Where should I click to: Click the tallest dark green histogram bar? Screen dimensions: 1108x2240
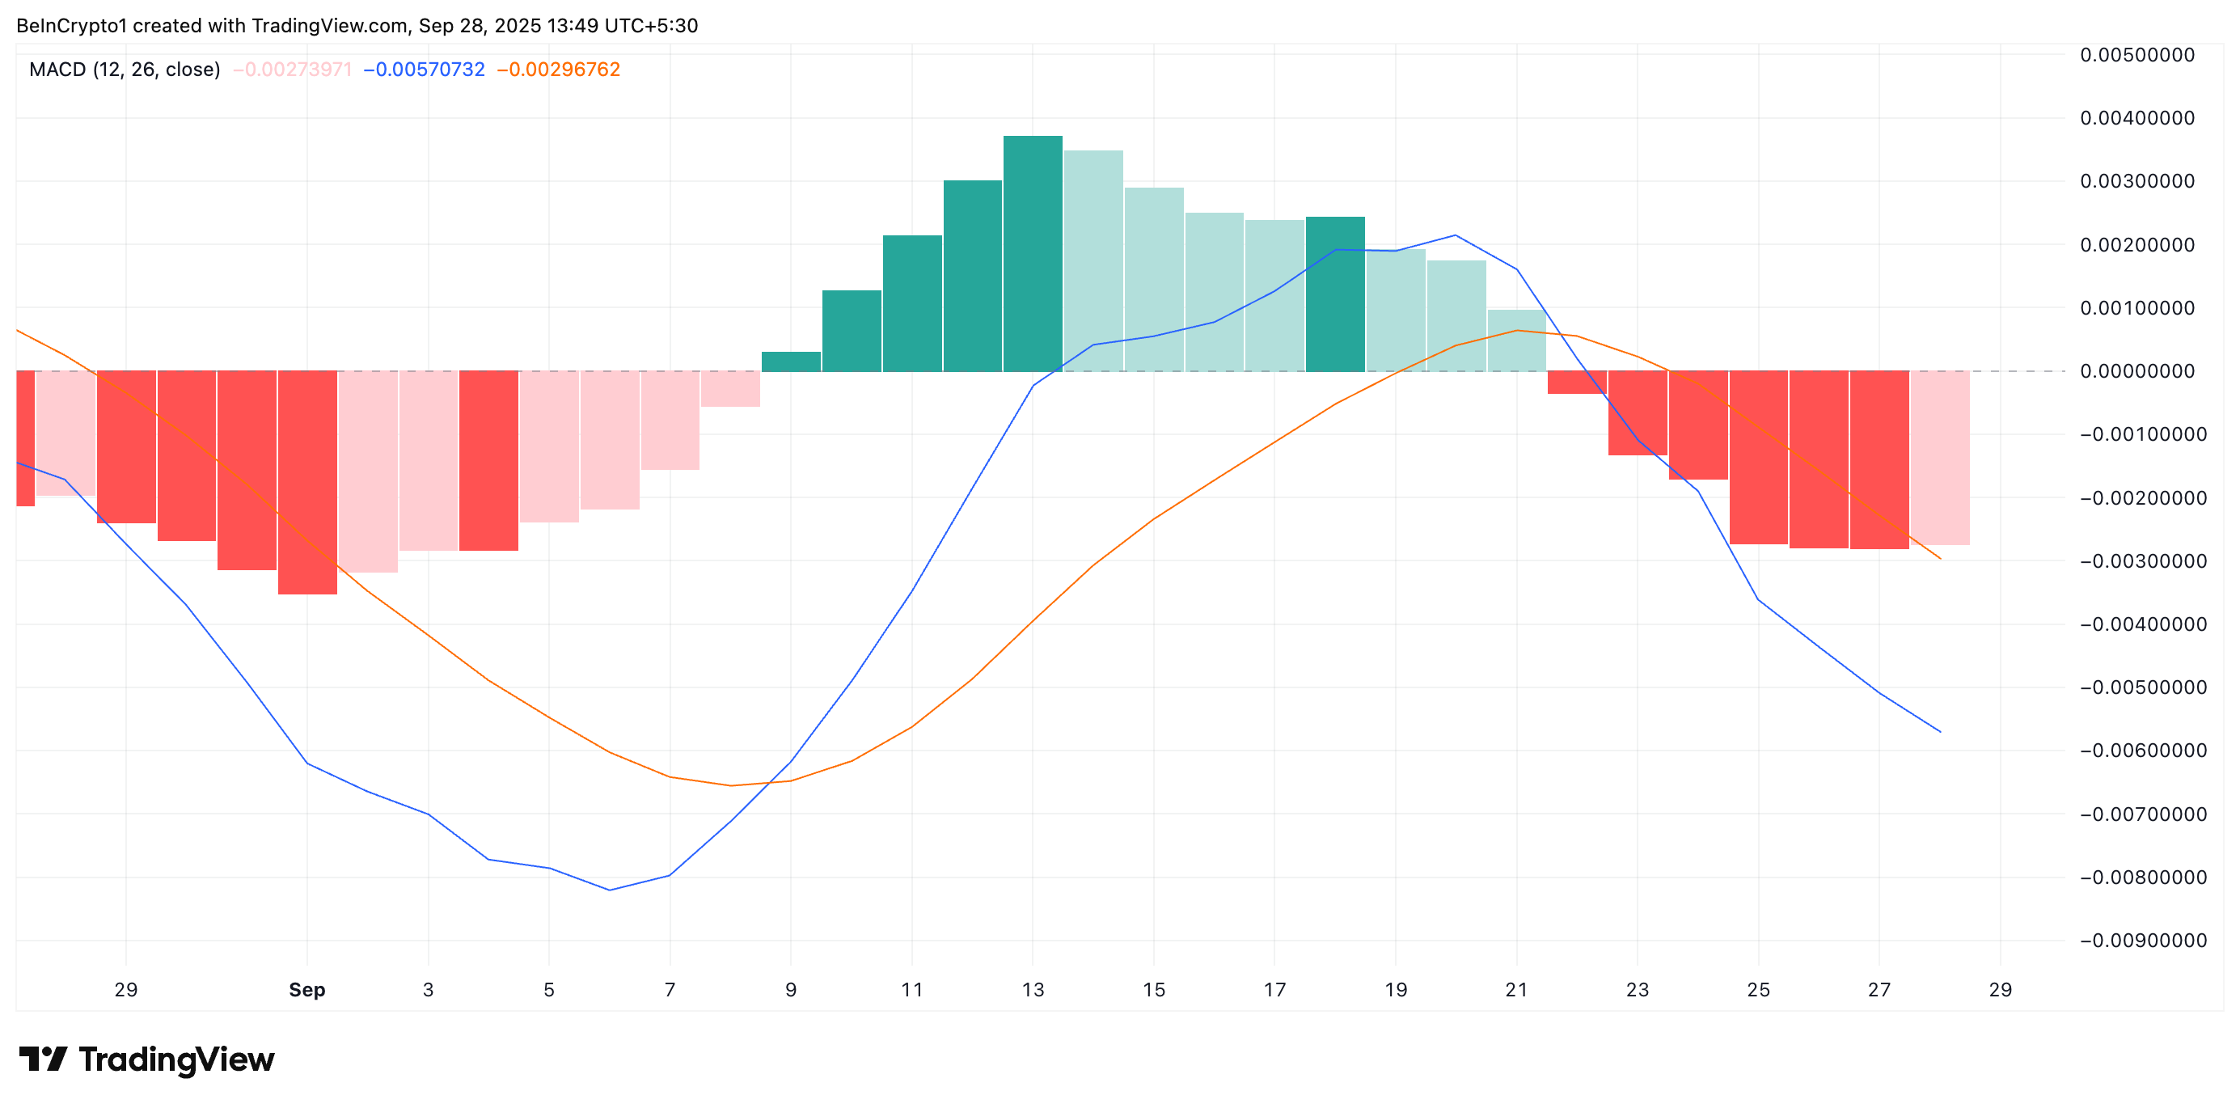1032,253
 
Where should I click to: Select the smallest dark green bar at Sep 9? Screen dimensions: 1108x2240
790,361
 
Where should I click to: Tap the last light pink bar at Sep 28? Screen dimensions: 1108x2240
1939,458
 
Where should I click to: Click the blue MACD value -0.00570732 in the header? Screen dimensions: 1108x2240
424,70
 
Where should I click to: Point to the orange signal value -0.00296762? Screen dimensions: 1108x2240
558,70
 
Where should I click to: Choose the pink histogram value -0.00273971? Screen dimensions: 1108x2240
292,70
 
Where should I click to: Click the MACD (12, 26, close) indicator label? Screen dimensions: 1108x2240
125,70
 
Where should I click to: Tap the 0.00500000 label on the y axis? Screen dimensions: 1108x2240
2136,55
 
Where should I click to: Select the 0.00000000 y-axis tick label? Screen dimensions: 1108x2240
2136,371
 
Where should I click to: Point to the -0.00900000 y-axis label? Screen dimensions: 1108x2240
2141,940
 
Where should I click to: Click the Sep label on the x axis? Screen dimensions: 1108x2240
307,990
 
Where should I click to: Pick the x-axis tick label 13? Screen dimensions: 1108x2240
1032,990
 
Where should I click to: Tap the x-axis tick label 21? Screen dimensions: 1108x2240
1516,990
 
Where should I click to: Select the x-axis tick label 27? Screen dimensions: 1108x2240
1879,990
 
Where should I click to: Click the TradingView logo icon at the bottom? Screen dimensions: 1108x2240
43,1059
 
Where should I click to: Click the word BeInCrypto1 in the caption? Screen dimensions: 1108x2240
70,25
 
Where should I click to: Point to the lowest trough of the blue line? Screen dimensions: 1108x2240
610,890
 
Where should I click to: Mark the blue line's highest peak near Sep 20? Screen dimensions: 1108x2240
1456,235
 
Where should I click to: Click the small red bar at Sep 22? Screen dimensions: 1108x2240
1577,383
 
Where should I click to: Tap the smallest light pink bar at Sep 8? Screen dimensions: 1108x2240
730,389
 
